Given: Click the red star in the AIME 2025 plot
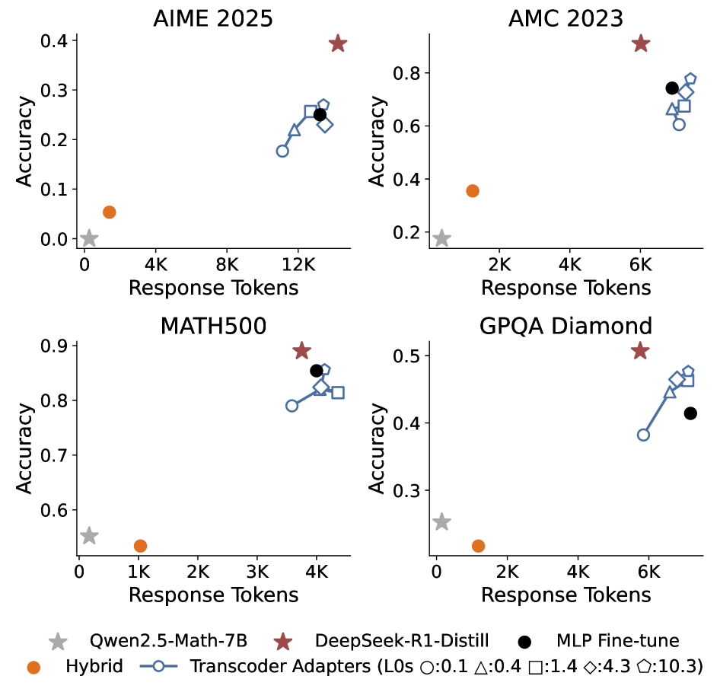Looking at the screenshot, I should pos(338,43).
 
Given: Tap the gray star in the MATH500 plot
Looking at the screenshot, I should pos(89,536).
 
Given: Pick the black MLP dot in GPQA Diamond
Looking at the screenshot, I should pos(690,413).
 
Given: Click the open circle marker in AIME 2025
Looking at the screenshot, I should pos(282,151).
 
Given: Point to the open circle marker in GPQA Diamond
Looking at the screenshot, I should pos(643,435).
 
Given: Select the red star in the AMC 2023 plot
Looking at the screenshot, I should pos(641,43).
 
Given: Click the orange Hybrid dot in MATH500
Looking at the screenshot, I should pos(140,546).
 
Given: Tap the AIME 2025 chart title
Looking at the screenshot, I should pos(213,18).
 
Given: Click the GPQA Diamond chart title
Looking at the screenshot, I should pos(565,327).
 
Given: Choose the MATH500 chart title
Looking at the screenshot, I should pos(213,327).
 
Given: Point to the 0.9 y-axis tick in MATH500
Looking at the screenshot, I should pos(55,346).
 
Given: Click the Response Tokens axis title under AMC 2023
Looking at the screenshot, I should pos(565,288).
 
